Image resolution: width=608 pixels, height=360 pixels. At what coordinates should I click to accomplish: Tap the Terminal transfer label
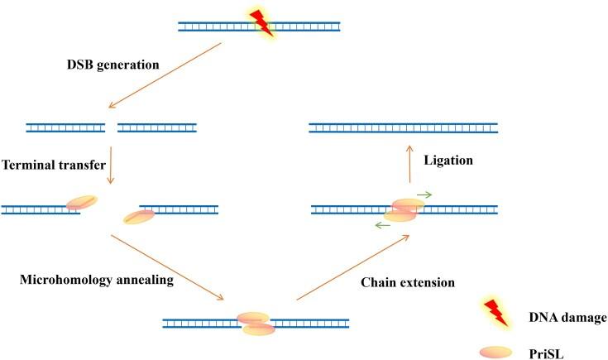click(x=53, y=165)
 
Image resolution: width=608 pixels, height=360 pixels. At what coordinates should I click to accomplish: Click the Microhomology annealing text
click(x=96, y=280)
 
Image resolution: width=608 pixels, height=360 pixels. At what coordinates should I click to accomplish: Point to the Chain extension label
click(x=408, y=282)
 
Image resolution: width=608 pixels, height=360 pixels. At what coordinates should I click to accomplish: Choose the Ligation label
click(x=447, y=160)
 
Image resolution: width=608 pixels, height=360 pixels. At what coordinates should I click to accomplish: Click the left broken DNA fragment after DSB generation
click(x=66, y=128)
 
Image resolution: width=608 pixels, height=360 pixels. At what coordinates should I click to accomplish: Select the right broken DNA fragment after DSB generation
click(x=157, y=128)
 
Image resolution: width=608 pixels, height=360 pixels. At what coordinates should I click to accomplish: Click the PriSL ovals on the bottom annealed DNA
click(x=255, y=324)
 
